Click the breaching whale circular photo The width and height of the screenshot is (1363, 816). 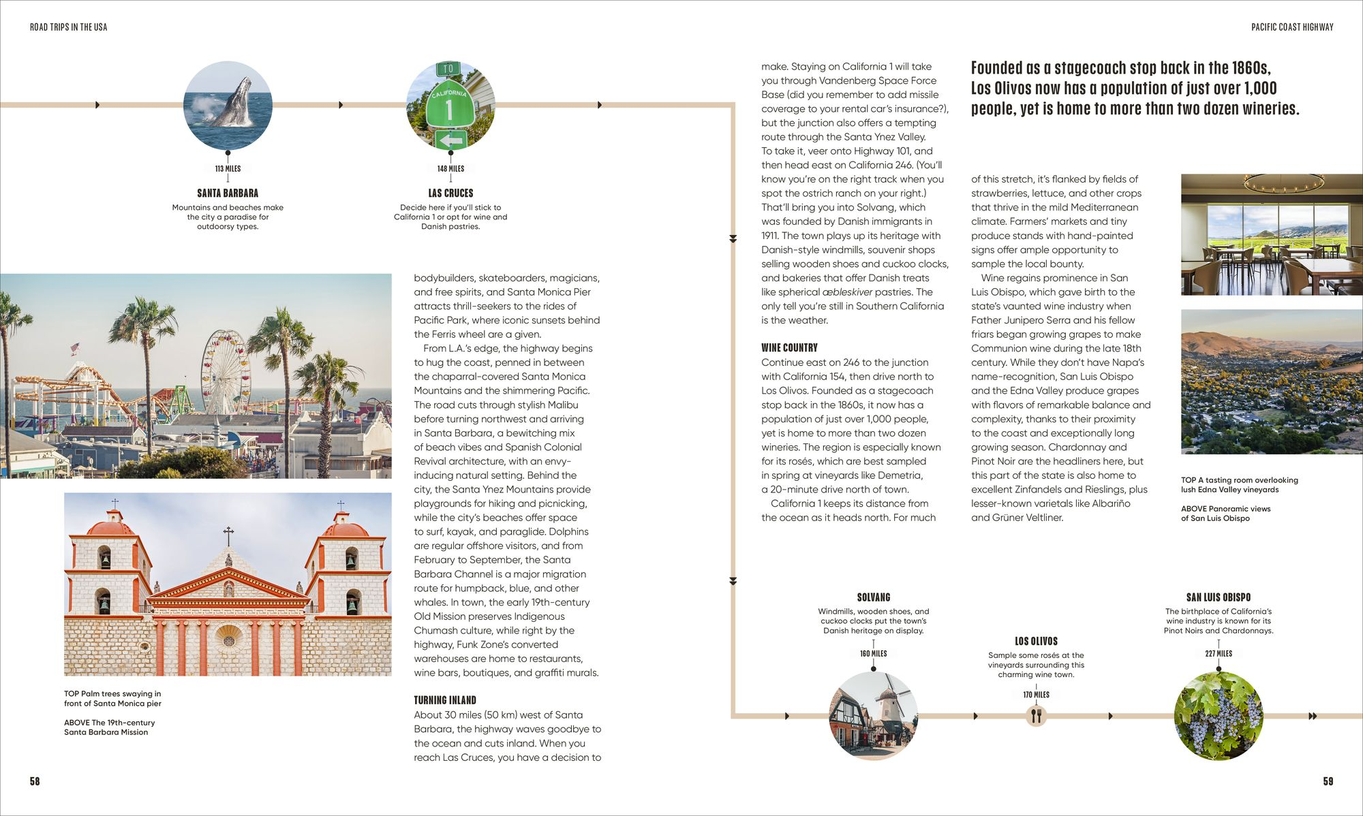[228, 105]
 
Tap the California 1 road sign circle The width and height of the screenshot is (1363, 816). [450, 105]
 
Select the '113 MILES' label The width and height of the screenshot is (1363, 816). [228, 168]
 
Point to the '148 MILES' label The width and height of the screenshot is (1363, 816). [450, 168]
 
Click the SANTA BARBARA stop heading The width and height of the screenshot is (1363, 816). [228, 193]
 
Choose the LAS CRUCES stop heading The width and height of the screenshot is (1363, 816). [450, 193]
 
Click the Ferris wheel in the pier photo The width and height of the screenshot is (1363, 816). [225, 371]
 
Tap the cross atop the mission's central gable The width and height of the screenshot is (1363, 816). [228, 535]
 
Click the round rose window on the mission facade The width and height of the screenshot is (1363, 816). [229, 640]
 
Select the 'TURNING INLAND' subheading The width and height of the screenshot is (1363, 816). [445, 700]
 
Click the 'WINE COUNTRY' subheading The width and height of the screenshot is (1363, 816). [789, 347]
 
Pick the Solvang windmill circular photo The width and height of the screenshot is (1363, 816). [873, 716]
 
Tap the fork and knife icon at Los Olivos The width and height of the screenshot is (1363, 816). [1036, 716]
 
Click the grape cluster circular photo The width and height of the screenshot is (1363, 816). [1219, 716]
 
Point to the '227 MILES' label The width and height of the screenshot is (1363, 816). [1219, 653]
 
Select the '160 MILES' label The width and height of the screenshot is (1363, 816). [873, 653]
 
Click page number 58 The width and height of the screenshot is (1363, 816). [35, 781]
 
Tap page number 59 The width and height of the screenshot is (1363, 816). [1328, 781]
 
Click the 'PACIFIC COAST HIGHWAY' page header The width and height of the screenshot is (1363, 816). [1292, 27]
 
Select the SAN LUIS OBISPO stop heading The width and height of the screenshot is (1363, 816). [1219, 597]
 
